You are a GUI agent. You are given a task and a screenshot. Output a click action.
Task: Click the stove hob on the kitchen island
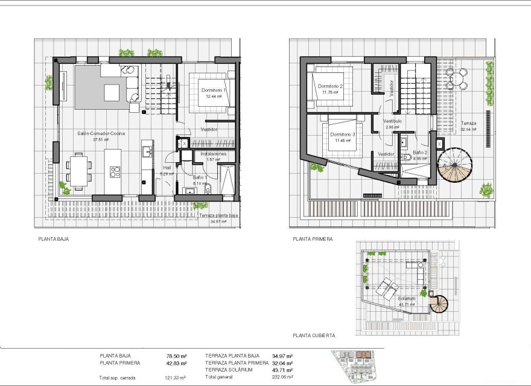115,171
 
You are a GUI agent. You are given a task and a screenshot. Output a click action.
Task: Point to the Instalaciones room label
214,154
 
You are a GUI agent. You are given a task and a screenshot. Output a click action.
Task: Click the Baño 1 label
200,177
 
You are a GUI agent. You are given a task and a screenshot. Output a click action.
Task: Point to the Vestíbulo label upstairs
392,121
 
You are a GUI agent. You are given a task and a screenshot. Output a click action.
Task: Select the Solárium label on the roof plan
407,299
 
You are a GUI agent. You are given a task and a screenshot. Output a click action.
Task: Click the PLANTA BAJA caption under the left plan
53,239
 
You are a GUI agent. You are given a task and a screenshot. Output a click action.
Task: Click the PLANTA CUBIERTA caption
314,335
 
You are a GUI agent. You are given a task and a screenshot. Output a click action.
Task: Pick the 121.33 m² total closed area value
176,378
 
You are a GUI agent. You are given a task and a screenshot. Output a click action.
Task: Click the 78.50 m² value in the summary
176,356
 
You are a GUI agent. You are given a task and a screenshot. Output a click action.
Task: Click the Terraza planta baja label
215,215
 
